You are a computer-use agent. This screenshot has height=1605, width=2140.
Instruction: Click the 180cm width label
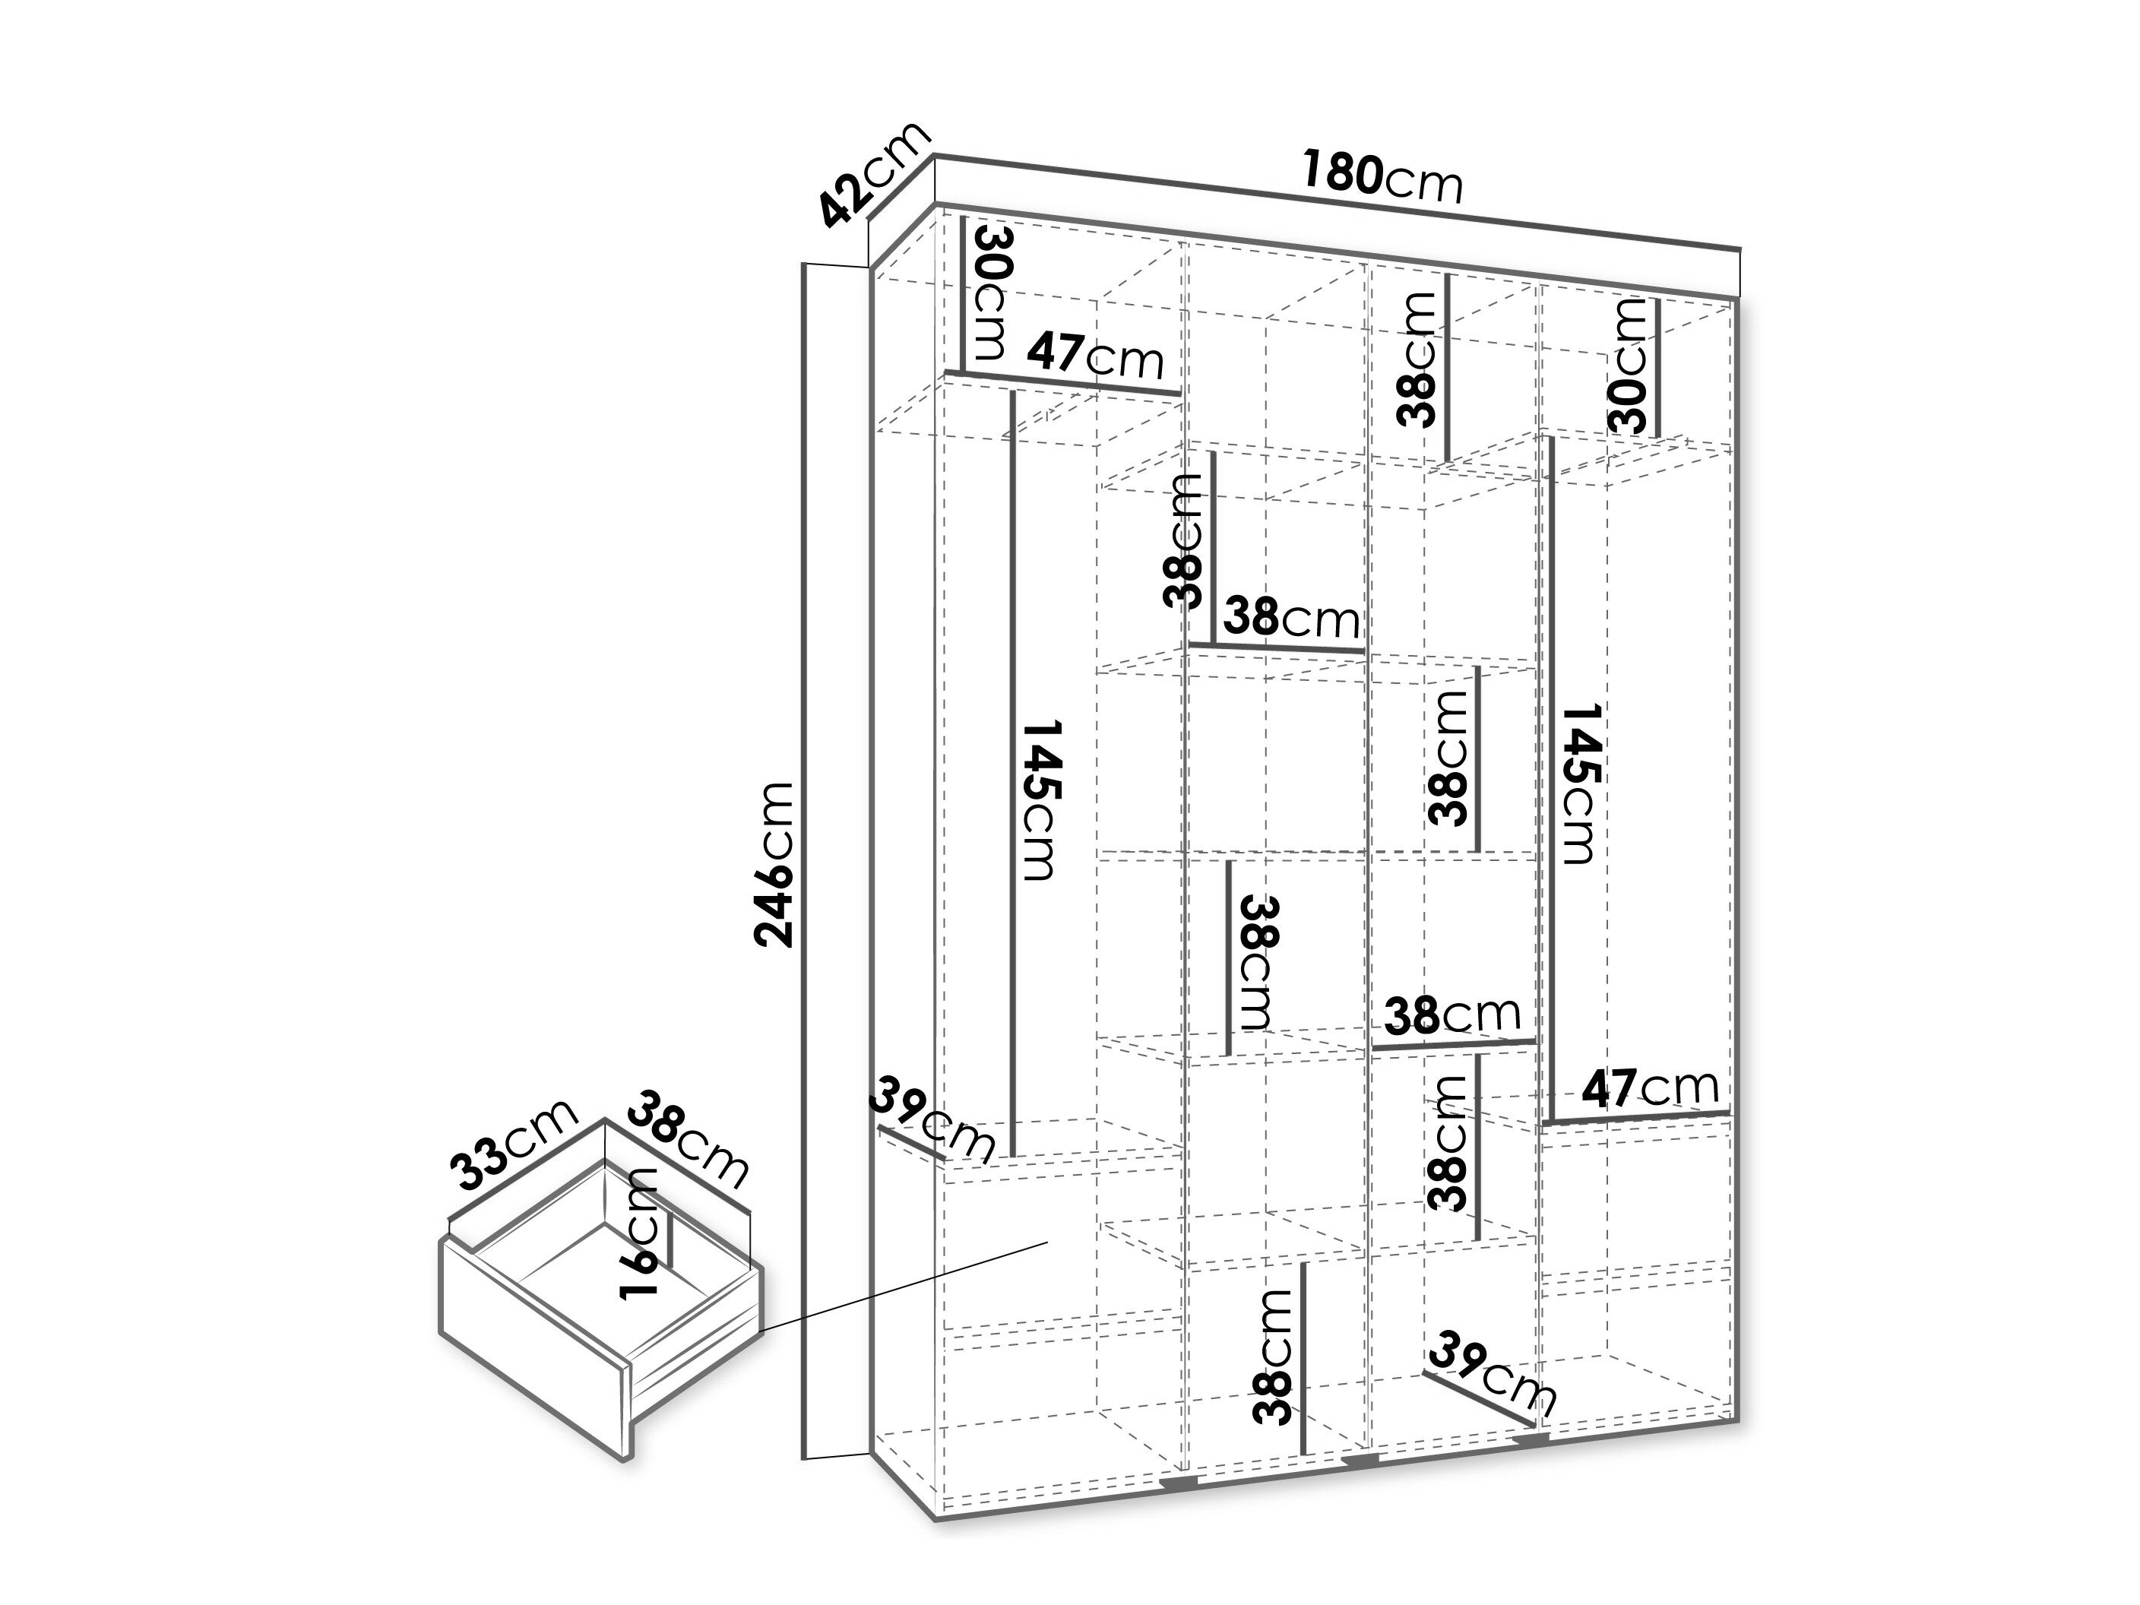(1381, 176)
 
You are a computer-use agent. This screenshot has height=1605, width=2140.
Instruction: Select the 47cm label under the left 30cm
(1094, 356)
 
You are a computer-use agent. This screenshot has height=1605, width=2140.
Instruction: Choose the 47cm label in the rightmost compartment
(1651, 1087)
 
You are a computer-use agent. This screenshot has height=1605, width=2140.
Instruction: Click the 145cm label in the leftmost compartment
(1042, 799)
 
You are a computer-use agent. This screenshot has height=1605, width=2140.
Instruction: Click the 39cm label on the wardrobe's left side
(931, 1120)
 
